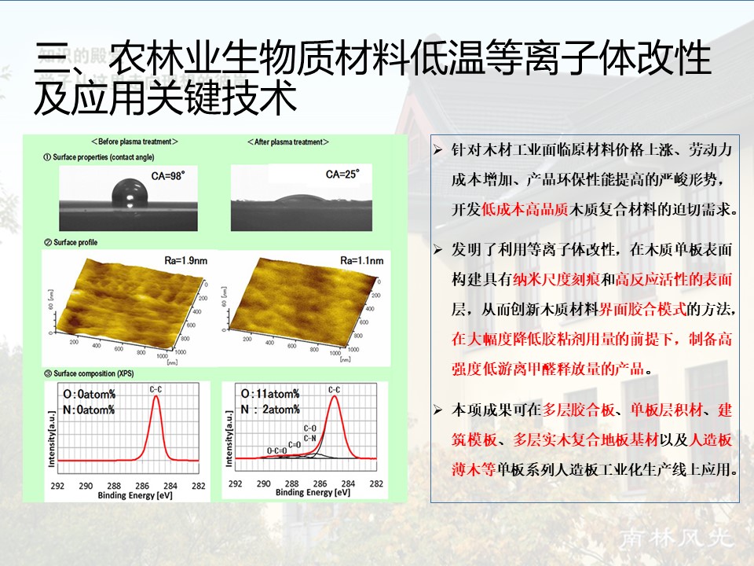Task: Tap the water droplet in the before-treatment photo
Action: tap(129, 192)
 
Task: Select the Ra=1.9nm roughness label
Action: tap(170, 259)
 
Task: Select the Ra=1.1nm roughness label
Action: tap(362, 259)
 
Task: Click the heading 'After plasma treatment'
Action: tap(288, 142)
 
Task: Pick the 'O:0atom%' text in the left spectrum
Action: tap(89, 394)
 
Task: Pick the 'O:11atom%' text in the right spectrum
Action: tap(269, 394)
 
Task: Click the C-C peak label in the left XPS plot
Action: tap(156, 388)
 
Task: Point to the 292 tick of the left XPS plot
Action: tap(57, 485)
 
